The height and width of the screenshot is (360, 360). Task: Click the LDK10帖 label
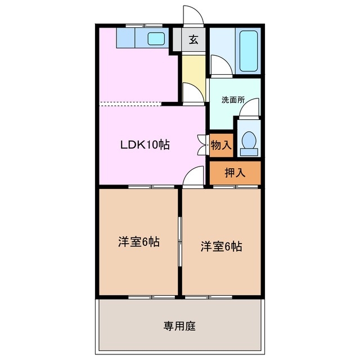[145, 145]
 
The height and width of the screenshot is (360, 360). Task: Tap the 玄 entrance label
[193, 39]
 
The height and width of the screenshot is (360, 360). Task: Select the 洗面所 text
[232, 100]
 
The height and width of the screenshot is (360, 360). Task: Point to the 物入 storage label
[221, 145]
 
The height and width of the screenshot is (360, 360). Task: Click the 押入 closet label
[235, 173]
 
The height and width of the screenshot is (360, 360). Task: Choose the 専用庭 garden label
[180, 326]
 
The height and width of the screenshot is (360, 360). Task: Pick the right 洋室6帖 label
[222, 246]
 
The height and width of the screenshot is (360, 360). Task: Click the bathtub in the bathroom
[248, 51]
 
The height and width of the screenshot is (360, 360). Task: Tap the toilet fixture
[248, 143]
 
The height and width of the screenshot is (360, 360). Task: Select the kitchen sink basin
[156, 39]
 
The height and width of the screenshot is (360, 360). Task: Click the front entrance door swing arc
[192, 15]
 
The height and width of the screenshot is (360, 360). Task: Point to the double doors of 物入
[202, 145]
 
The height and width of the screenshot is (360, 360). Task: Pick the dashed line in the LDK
[130, 103]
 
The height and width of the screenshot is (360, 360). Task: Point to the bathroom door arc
[220, 66]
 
